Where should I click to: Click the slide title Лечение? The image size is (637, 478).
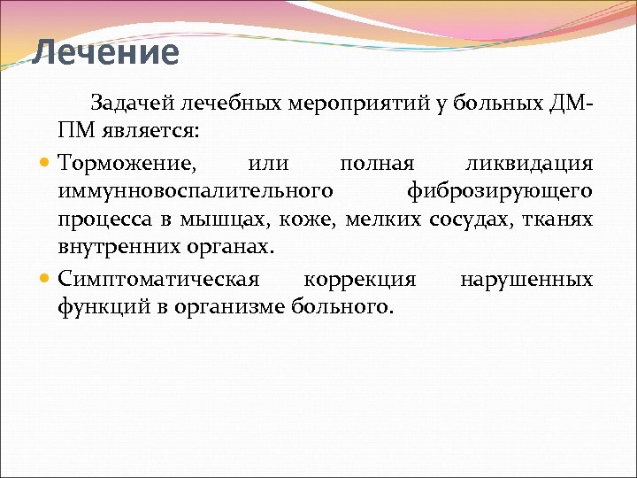[105, 53]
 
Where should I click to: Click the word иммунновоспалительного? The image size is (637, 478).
[196, 190]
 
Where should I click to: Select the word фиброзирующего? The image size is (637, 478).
[499, 190]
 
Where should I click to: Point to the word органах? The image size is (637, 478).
[227, 245]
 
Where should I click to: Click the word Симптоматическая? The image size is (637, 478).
[158, 280]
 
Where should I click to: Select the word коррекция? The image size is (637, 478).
[359, 280]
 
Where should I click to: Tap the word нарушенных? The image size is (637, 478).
[526, 280]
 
